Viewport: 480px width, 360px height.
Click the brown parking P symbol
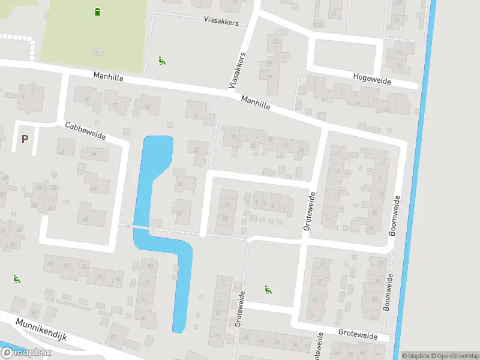tap(25, 139)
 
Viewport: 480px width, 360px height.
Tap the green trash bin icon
tap(97, 11)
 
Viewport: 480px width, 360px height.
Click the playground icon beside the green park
tap(161, 60)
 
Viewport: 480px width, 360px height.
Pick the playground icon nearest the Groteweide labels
tap(267, 290)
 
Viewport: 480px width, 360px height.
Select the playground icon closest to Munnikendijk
tap(16, 278)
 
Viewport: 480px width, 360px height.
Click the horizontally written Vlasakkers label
tap(221, 22)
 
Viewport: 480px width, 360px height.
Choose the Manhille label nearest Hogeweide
tap(256, 103)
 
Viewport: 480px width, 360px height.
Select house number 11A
tap(318, 24)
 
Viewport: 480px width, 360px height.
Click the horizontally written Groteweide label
tap(358, 337)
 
